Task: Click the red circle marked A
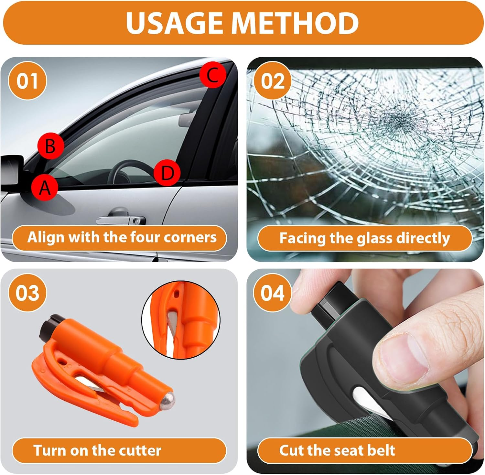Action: [45, 187]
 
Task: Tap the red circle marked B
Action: [50, 146]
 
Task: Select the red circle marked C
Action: [212, 75]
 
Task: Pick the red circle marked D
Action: [167, 173]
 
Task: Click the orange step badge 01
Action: [27, 81]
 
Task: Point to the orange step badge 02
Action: [273, 81]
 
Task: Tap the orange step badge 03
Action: [27, 293]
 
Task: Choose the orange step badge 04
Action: [273, 293]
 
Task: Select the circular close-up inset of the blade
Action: [181, 319]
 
